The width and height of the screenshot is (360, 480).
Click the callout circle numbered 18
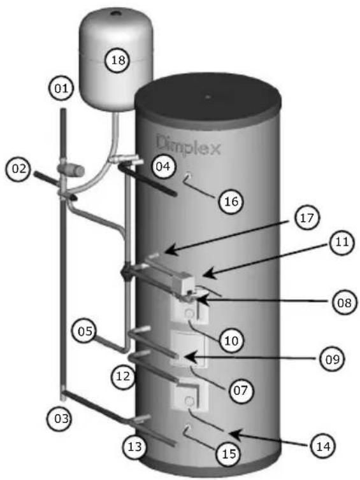tap(118, 60)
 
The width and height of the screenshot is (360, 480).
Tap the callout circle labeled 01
tap(62, 88)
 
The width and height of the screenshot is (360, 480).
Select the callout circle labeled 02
tap(19, 169)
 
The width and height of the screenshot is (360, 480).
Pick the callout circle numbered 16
tap(231, 201)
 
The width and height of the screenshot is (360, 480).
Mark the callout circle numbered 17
tap(306, 218)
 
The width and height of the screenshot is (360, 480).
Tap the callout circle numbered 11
tap(342, 241)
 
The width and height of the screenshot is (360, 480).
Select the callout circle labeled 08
tap(345, 302)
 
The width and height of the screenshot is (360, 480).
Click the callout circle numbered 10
tap(231, 340)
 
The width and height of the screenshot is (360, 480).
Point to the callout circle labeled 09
tap(333, 358)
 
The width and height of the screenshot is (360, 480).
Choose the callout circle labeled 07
tap(240, 390)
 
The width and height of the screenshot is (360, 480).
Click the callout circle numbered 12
tap(123, 376)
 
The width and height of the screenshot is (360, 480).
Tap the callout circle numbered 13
tap(135, 447)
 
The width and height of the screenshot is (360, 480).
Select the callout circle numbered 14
tap(324, 446)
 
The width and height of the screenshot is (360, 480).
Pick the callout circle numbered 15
tap(229, 454)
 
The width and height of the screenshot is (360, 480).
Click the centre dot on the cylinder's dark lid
tap(208, 97)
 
